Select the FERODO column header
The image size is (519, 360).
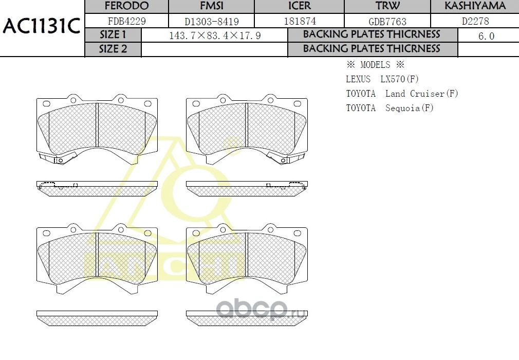point(126,6)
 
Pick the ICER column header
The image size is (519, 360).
point(300,6)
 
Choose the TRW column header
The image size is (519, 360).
point(387,6)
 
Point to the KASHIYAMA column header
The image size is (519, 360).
point(475,6)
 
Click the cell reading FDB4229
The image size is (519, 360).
point(126,22)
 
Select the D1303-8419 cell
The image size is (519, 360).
point(212,22)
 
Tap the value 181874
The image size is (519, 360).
point(300,22)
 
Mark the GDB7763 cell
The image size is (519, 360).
point(387,22)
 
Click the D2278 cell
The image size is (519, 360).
point(475,22)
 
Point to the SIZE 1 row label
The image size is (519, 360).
point(113,35)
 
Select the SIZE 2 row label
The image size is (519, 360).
point(113,49)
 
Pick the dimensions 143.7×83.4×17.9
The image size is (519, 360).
point(215,35)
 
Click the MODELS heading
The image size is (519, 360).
point(375,65)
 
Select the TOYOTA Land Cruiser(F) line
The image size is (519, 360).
point(402,94)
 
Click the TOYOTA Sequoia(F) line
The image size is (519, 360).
point(390,108)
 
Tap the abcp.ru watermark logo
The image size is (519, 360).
point(261,310)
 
